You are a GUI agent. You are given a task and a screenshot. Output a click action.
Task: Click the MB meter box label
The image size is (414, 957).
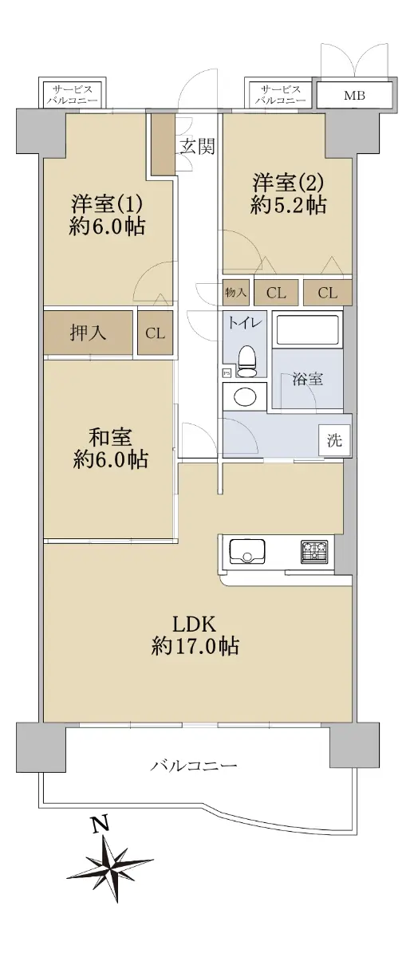point(355,96)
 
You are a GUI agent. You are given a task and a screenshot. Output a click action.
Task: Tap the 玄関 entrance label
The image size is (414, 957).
point(196,147)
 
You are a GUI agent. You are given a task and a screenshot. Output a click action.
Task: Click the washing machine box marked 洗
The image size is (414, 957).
point(334,440)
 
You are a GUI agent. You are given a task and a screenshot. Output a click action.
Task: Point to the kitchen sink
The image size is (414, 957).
point(247,551)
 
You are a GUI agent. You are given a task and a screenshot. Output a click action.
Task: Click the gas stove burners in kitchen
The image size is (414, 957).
point(314,551)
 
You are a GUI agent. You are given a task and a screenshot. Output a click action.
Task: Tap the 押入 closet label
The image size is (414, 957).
point(88,333)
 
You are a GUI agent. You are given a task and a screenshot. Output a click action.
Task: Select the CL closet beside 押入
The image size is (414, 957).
point(155,333)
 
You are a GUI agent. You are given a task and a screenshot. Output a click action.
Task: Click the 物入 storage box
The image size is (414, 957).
point(236,292)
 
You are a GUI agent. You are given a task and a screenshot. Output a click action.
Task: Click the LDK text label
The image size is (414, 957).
point(195,624)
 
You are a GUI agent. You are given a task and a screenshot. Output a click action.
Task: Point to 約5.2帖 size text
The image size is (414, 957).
point(289,206)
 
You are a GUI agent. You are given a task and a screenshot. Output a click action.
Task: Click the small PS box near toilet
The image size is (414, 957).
point(227,373)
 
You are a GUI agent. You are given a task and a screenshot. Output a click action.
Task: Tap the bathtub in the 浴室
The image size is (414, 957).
point(307,330)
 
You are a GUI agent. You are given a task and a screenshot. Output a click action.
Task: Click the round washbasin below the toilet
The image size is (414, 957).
point(245,397)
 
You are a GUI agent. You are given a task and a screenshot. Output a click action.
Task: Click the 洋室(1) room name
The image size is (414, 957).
point(106,203)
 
